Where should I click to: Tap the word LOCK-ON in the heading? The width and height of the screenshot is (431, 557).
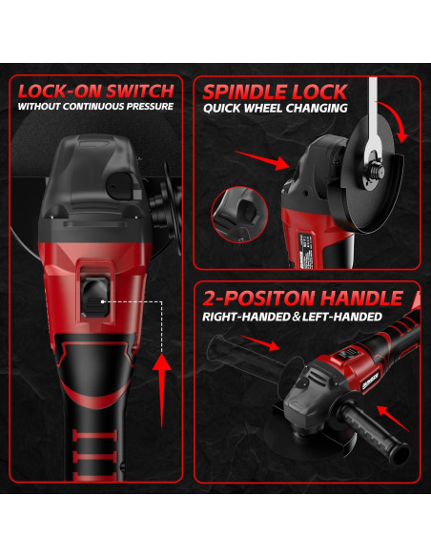point(58,91)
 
